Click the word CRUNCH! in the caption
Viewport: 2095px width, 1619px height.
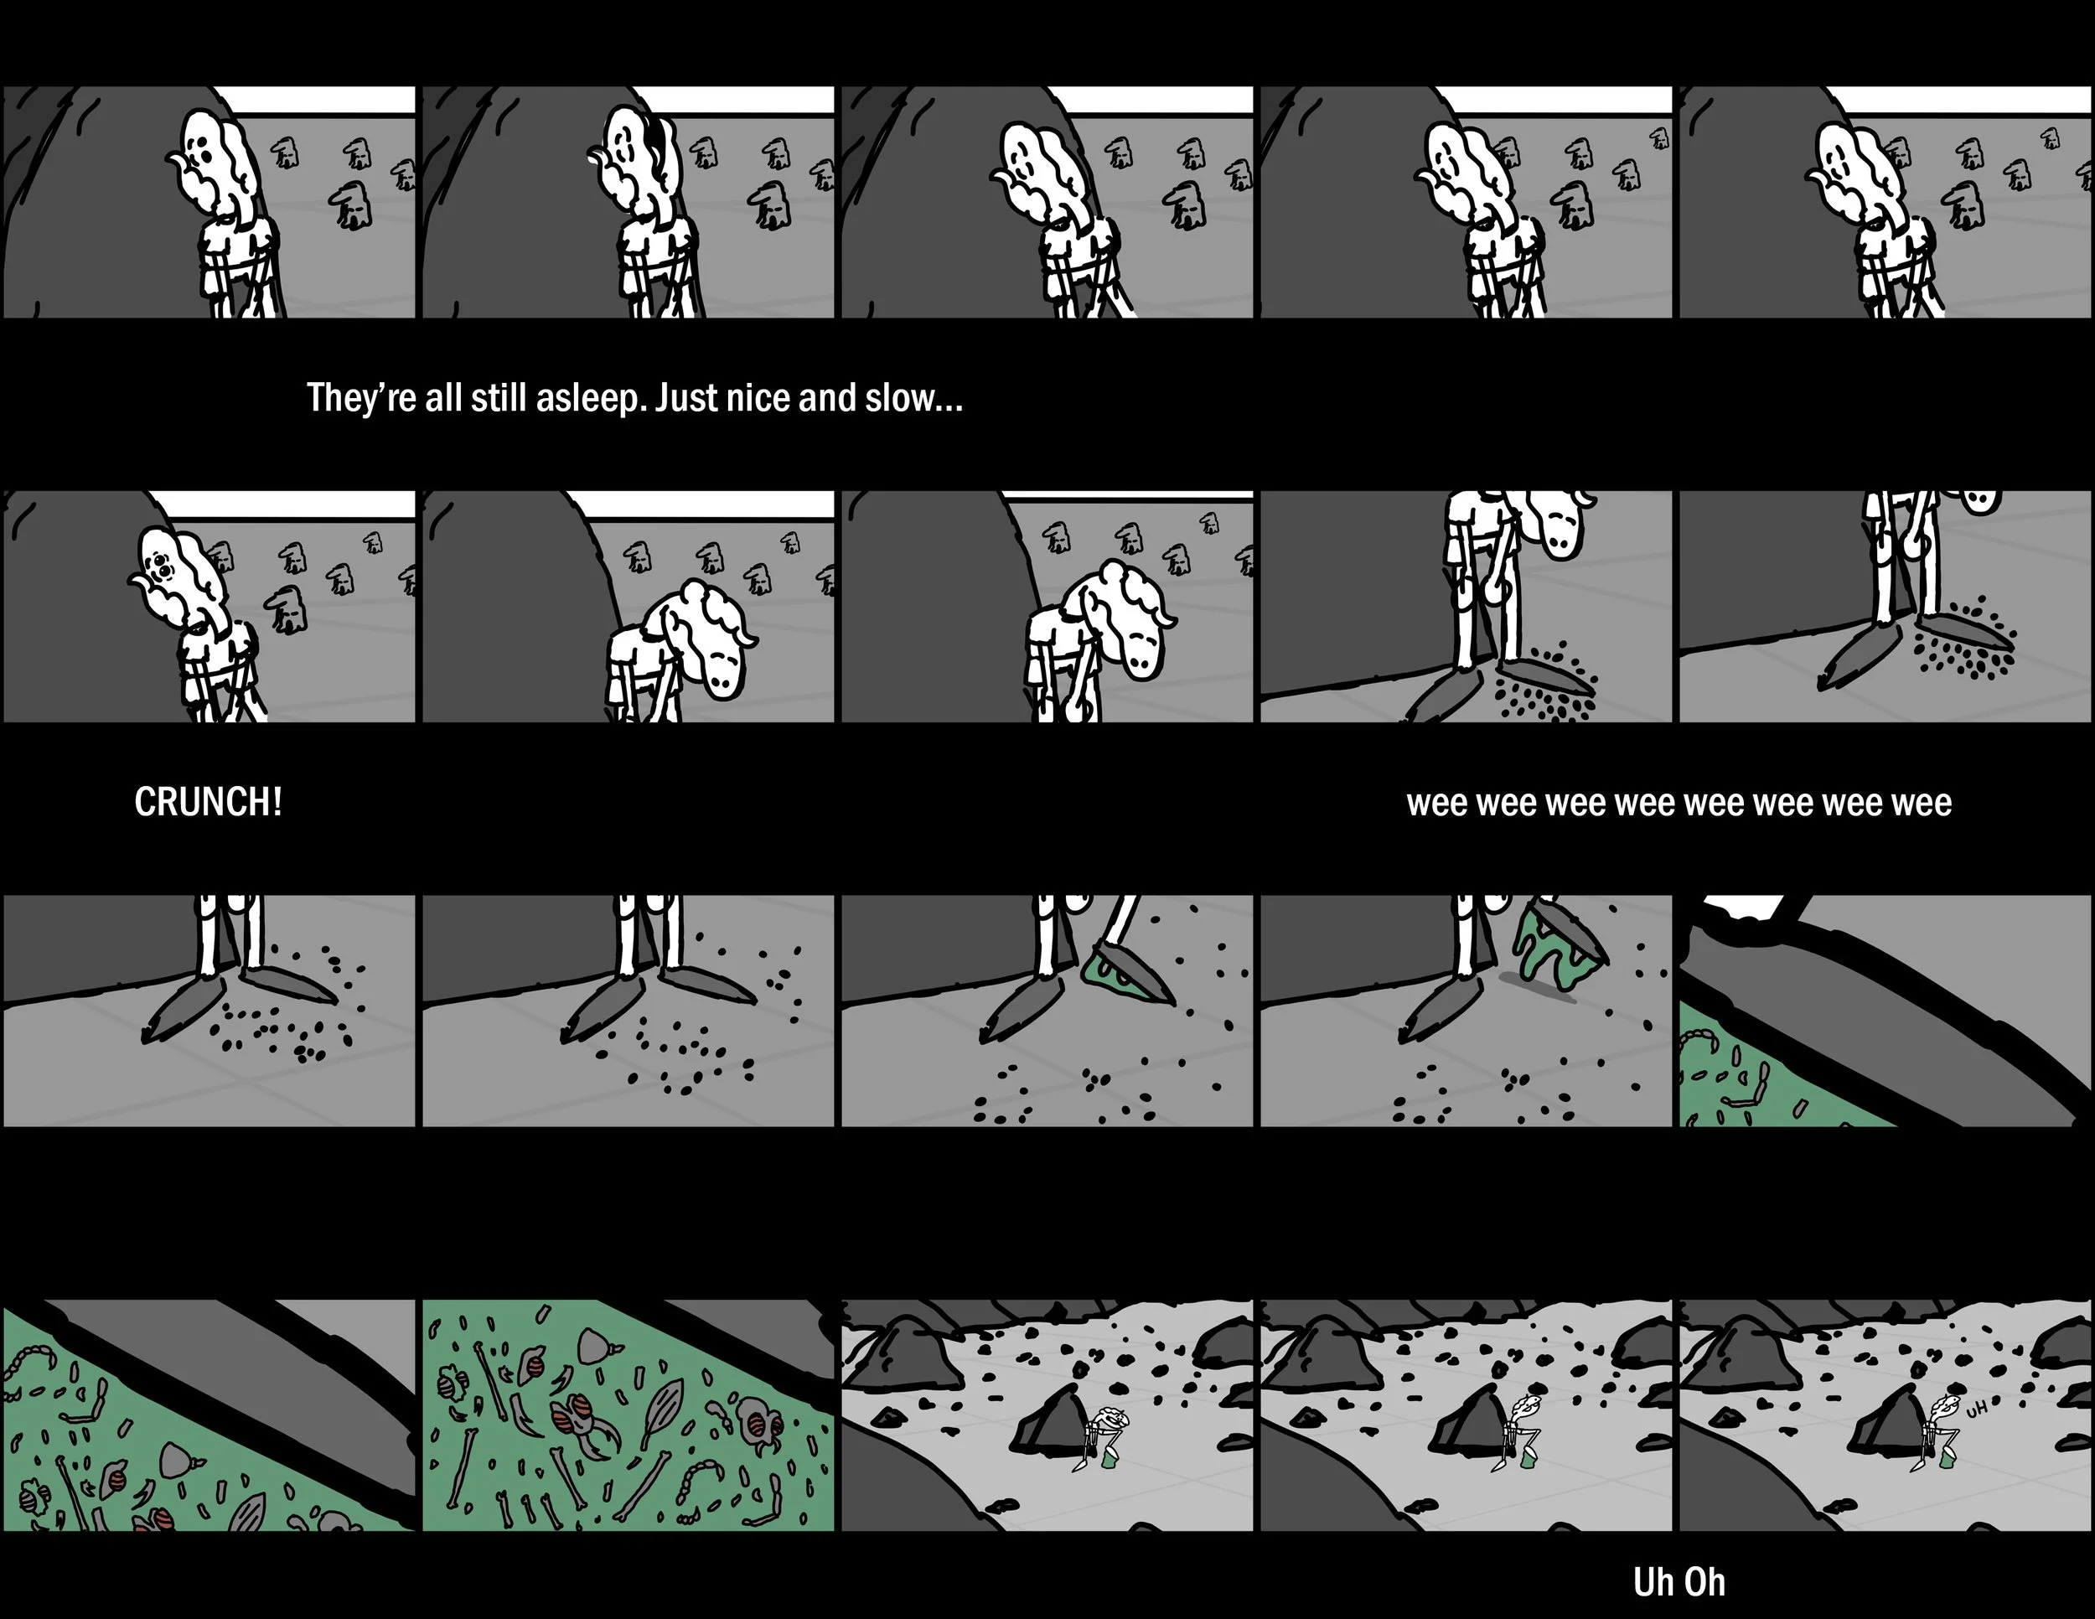point(208,802)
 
